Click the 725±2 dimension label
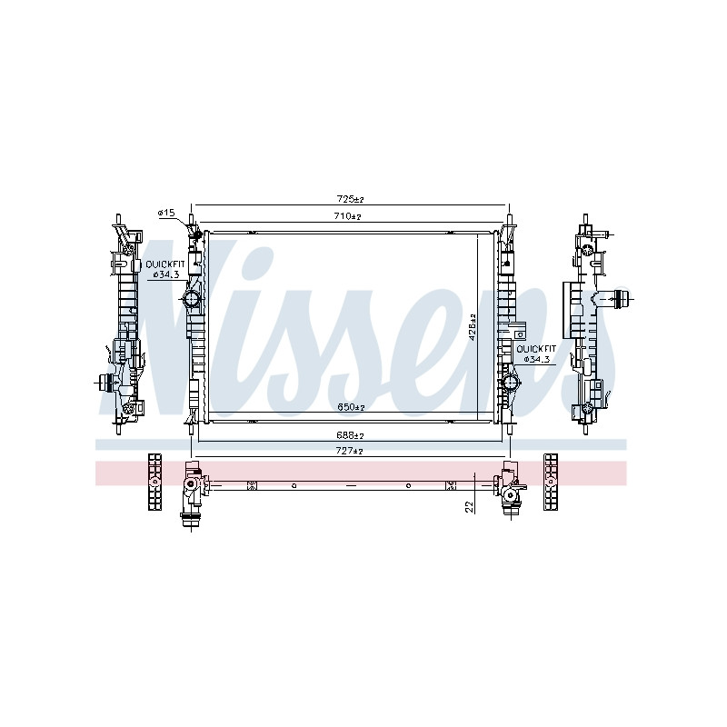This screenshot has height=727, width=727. (x=350, y=199)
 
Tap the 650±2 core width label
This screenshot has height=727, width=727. (x=351, y=407)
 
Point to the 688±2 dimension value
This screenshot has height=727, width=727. (x=350, y=436)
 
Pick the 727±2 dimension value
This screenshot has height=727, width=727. (x=351, y=451)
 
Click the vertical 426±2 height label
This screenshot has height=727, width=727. (x=473, y=327)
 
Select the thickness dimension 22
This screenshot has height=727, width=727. (x=470, y=507)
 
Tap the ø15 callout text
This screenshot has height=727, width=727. (x=166, y=213)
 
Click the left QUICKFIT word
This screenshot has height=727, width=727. (x=165, y=264)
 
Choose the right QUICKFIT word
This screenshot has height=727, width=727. (x=536, y=349)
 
